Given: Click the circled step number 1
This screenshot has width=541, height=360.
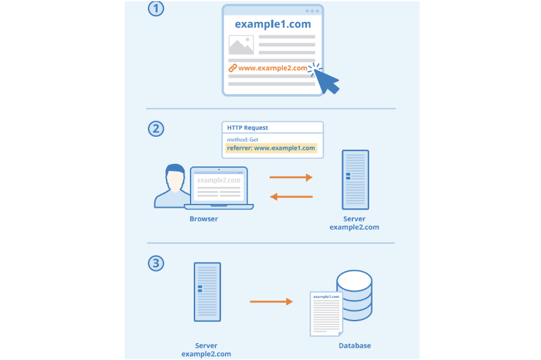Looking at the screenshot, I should [156, 9].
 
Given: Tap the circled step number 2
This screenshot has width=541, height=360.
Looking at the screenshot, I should [156, 128].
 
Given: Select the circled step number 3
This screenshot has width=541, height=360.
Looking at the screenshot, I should [156, 263].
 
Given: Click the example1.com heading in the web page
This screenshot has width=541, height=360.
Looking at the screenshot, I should [272, 25].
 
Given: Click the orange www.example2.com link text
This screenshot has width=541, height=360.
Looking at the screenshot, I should [273, 68].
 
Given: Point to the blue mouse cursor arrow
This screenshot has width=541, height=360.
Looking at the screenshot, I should [327, 81].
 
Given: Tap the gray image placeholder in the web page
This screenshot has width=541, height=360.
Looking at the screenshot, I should [241, 45].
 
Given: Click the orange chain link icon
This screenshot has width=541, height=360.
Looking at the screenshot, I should [232, 68].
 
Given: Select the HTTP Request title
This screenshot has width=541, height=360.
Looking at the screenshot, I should [247, 128].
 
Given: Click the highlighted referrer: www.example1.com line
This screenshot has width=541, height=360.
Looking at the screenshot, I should [271, 148].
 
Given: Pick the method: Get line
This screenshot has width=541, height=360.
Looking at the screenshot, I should [242, 139].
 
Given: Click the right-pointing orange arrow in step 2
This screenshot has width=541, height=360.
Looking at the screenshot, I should [291, 177].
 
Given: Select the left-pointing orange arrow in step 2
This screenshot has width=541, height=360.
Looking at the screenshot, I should [291, 196].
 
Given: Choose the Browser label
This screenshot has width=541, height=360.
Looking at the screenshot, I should [203, 219].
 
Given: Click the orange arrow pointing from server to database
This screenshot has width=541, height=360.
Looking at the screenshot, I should [272, 301].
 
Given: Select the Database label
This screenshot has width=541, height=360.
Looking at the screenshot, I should [354, 346].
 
